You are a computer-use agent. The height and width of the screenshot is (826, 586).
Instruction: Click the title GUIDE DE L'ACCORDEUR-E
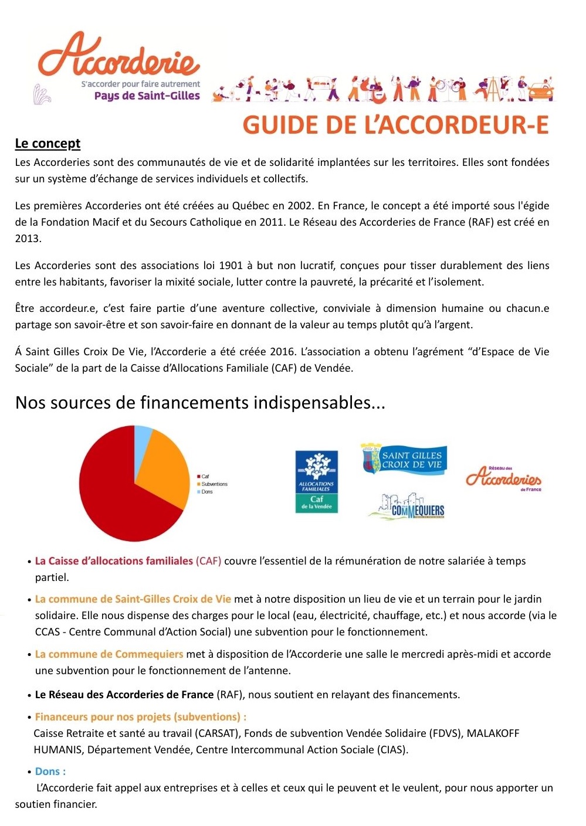pyautogui.click(x=395, y=125)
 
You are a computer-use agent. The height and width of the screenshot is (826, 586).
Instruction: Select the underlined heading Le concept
pyautogui.click(x=48, y=144)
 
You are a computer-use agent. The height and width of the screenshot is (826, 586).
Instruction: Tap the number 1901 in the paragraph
pyautogui.click(x=231, y=266)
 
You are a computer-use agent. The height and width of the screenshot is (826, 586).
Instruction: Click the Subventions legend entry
pyautogui.click(x=214, y=484)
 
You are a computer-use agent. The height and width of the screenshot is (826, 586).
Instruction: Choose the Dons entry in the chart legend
pyautogui.click(x=206, y=492)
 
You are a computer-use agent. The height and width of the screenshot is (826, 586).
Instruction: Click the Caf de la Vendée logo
pyautogui.click(x=316, y=481)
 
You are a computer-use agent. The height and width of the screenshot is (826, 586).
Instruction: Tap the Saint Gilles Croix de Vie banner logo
pyautogui.click(x=404, y=459)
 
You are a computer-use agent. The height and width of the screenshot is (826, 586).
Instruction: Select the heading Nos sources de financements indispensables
pyautogui.click(x=200, y=403)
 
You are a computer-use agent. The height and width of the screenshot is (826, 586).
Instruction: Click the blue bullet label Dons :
pyautogui.click(x=50, y=771)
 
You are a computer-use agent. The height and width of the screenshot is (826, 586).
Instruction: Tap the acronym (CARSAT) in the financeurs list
pyautogui.click(x=215, y=733)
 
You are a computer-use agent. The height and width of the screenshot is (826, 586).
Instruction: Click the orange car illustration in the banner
pyautogui.click(x=540, y=91)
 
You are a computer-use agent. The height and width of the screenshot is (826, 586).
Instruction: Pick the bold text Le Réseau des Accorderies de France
pyautogui.click(x=124, y=695)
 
